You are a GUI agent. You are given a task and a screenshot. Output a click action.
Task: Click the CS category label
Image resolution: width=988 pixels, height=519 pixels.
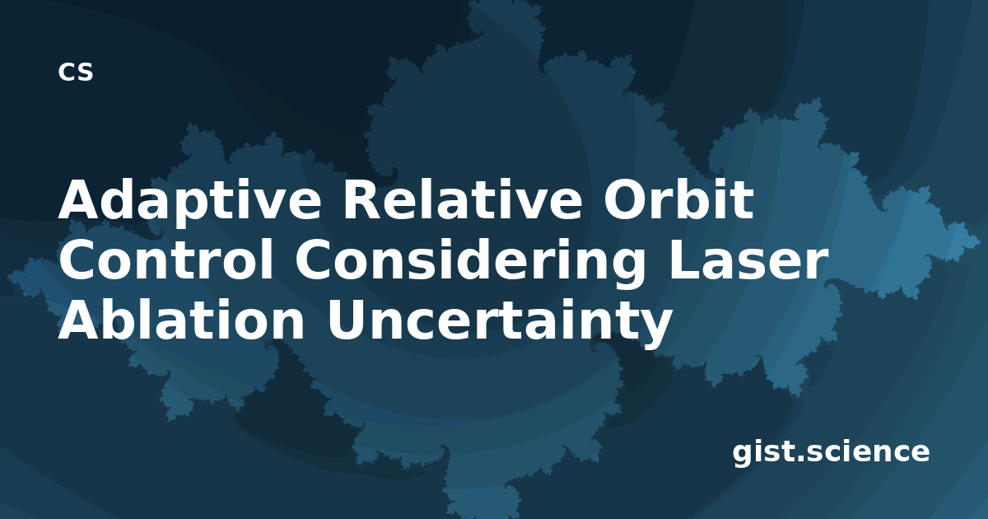click(x=76, y=72)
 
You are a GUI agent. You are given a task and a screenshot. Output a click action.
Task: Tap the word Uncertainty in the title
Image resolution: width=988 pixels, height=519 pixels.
click(x=499, y=323)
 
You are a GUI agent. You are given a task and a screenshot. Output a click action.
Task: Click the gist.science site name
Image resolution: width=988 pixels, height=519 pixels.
click(x=831, y=453)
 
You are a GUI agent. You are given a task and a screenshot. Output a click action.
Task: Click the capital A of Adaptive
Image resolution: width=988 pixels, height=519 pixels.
click(x=79, y=199)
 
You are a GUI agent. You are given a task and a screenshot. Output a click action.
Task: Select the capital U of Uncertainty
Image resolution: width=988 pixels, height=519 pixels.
click(x=345, y=320)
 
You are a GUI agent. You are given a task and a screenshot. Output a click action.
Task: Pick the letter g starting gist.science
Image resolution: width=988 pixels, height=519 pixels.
click(x=743, y=455)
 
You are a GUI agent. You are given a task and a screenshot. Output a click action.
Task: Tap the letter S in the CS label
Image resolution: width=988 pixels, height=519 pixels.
click(x=85, y=72)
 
